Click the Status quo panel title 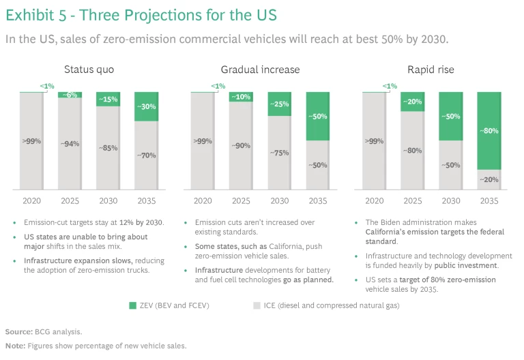coord(89,70)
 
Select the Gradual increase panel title coord(260,70)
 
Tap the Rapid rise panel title coord(431,70)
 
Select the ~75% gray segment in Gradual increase coord(279,153)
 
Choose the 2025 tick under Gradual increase coord(241,201)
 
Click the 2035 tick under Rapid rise coord(489,201)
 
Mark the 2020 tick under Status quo coord(31,201)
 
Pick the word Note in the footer coord(14,346)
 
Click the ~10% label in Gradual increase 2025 coord(241,97)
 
